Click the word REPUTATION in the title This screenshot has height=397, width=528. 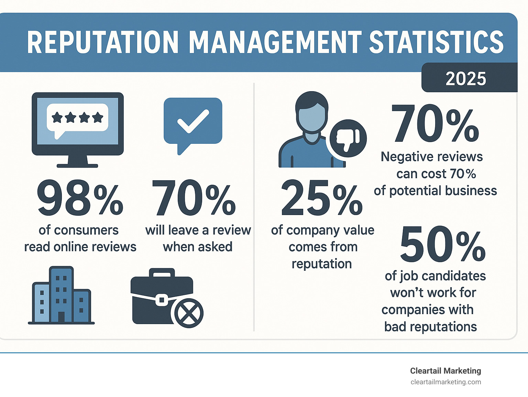(103, 43)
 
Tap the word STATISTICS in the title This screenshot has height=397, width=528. (436, 43)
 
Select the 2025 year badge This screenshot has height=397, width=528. (466, 79)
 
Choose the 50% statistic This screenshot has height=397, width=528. (442, 245)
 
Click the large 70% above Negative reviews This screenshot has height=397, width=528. (435, 124)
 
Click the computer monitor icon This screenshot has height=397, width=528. (78, 124)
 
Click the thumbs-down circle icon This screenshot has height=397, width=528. (348, 138)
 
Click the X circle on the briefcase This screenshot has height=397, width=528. (189, 313)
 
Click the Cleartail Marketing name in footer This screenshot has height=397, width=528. (445, 371)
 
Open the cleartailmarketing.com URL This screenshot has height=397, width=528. (445, 382)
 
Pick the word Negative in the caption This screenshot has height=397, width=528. (403, 157)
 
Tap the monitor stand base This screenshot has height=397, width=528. (77, 165)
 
